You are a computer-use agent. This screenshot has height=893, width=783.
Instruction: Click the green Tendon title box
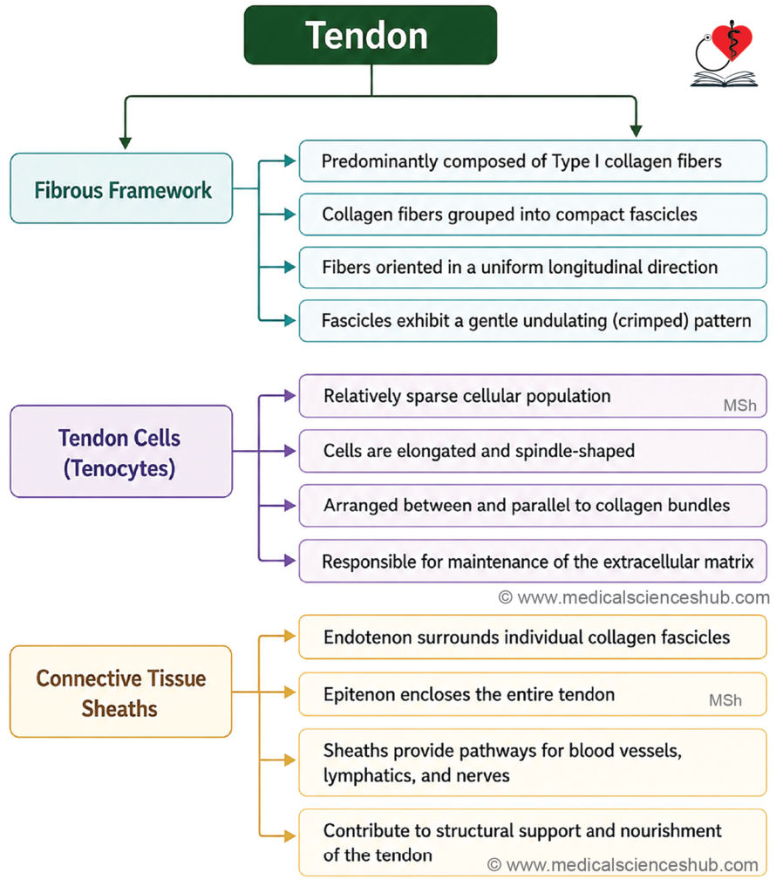(x=371, y=35)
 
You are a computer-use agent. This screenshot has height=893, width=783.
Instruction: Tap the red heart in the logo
(x=732, y=41)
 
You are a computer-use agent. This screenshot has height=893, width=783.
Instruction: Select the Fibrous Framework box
(x=121, y=188)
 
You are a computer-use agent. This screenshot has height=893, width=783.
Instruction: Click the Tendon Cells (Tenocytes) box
(x=121, y=452)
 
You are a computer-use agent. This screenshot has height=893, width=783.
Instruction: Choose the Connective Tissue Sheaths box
(x=120, y=692)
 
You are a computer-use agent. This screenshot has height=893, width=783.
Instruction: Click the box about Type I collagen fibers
(x=533, y=161)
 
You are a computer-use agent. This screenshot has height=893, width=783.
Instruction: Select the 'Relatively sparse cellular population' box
(x=533, y=396)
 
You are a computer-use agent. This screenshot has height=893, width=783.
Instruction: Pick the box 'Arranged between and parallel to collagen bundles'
(x=533, y=506)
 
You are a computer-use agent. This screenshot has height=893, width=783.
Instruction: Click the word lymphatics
(x=370, y=775)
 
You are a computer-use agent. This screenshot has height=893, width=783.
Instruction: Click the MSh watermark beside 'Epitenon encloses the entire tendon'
(x=725, y=700)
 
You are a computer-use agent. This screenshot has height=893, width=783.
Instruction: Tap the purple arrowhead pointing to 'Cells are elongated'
(x=289, y=451)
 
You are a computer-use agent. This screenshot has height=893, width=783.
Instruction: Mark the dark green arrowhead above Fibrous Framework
(x=126, y=142)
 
